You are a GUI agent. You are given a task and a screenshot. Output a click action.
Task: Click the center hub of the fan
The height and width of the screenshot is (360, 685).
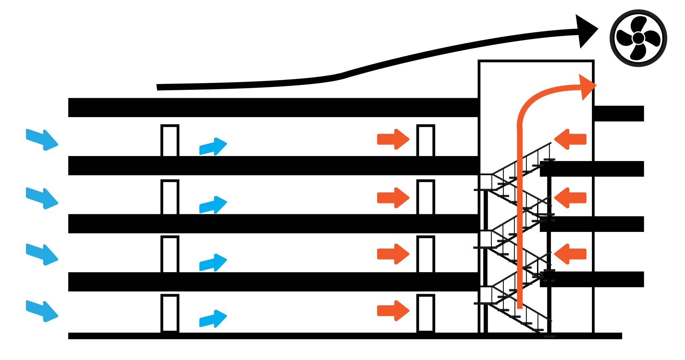coord(638,38)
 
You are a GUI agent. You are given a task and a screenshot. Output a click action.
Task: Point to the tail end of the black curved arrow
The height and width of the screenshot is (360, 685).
coord(159,87)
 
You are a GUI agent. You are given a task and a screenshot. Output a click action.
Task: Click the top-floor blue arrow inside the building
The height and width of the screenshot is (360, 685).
coord(213,146)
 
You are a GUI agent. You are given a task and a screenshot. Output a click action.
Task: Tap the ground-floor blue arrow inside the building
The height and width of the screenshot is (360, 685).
coord(213,319)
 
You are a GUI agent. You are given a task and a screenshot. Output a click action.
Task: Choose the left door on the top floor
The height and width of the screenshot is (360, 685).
coord(170,140)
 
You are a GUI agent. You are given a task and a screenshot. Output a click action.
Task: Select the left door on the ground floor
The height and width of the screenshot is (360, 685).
coord(170,313)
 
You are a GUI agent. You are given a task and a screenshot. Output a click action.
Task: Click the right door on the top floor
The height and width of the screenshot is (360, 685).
coord(426,140)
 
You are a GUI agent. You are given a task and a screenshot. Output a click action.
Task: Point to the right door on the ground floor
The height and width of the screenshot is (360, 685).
coord(426,313)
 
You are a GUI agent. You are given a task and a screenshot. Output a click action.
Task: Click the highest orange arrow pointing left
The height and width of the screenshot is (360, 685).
coord(570,139)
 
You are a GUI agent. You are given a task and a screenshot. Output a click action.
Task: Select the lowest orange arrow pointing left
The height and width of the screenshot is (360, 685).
coord(570,254)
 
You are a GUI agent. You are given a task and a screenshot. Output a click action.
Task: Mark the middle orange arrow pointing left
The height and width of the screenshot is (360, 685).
coord(570,198)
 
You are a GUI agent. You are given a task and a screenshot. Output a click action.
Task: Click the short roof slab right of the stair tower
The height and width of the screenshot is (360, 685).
coord(618,113)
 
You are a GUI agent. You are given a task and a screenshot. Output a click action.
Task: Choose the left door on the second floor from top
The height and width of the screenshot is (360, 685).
coord(170,197)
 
